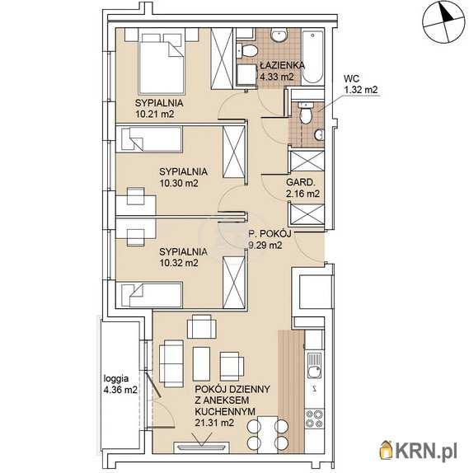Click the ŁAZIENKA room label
pos(282,65)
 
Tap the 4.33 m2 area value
pos(277,77)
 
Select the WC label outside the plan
pos(352,78)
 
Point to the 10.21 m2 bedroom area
pos(155,114)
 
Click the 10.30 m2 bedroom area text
pos(179,183)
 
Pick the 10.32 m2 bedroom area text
pos(179,263)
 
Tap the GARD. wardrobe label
pos(301,182)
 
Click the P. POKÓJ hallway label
pos(270,234)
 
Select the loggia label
pos(116,379)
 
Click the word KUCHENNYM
pos(225,411)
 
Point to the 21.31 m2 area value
pos(214,423)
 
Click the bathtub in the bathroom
pos(312,57)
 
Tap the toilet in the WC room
pos(306,113)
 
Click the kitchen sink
pos(315,366)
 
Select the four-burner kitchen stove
pos(314,419)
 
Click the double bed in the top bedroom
pos(162,63)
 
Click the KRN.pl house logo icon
pos(387,451)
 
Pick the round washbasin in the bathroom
pos(279,35)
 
